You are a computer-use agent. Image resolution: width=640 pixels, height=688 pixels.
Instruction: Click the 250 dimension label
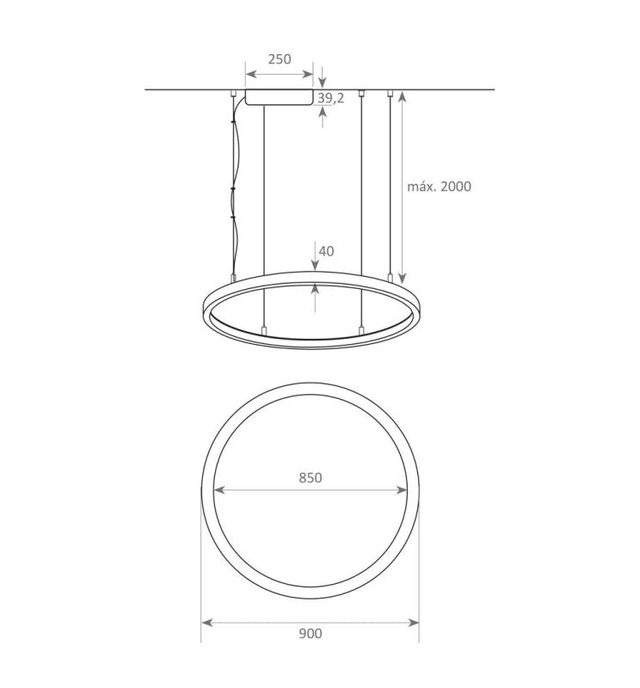tap(279, 59)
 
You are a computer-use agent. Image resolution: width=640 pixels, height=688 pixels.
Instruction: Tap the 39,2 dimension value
tap(330, 98)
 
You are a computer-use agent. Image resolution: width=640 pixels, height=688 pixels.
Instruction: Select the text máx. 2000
tap(439, 186)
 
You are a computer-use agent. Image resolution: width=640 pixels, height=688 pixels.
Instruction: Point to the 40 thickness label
tap(326, 251)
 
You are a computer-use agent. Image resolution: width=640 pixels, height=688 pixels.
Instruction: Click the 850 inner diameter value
tap(310, 477)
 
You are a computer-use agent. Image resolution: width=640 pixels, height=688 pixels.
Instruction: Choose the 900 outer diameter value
tap(310, 634)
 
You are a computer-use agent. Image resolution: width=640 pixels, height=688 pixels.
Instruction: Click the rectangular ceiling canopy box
tap(279, 96)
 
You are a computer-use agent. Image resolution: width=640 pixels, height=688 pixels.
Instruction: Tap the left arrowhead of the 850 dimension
tap(219, 490)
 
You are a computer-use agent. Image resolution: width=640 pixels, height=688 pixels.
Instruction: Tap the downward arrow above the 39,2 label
tap(322, 83)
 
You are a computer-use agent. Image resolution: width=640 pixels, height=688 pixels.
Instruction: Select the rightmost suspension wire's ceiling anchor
tap(391, 93)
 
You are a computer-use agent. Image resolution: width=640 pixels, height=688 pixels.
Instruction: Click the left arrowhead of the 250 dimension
tap(250, 73)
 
